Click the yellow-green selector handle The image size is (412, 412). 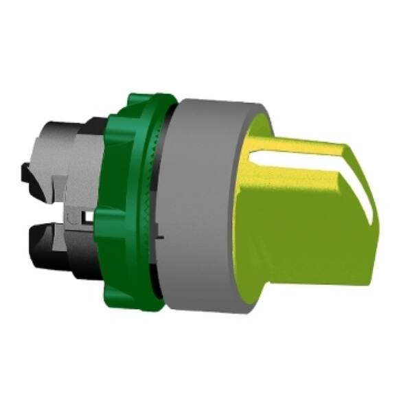[309, 220]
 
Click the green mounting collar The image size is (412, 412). [134, 206]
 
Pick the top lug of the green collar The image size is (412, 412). [141, 103]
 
